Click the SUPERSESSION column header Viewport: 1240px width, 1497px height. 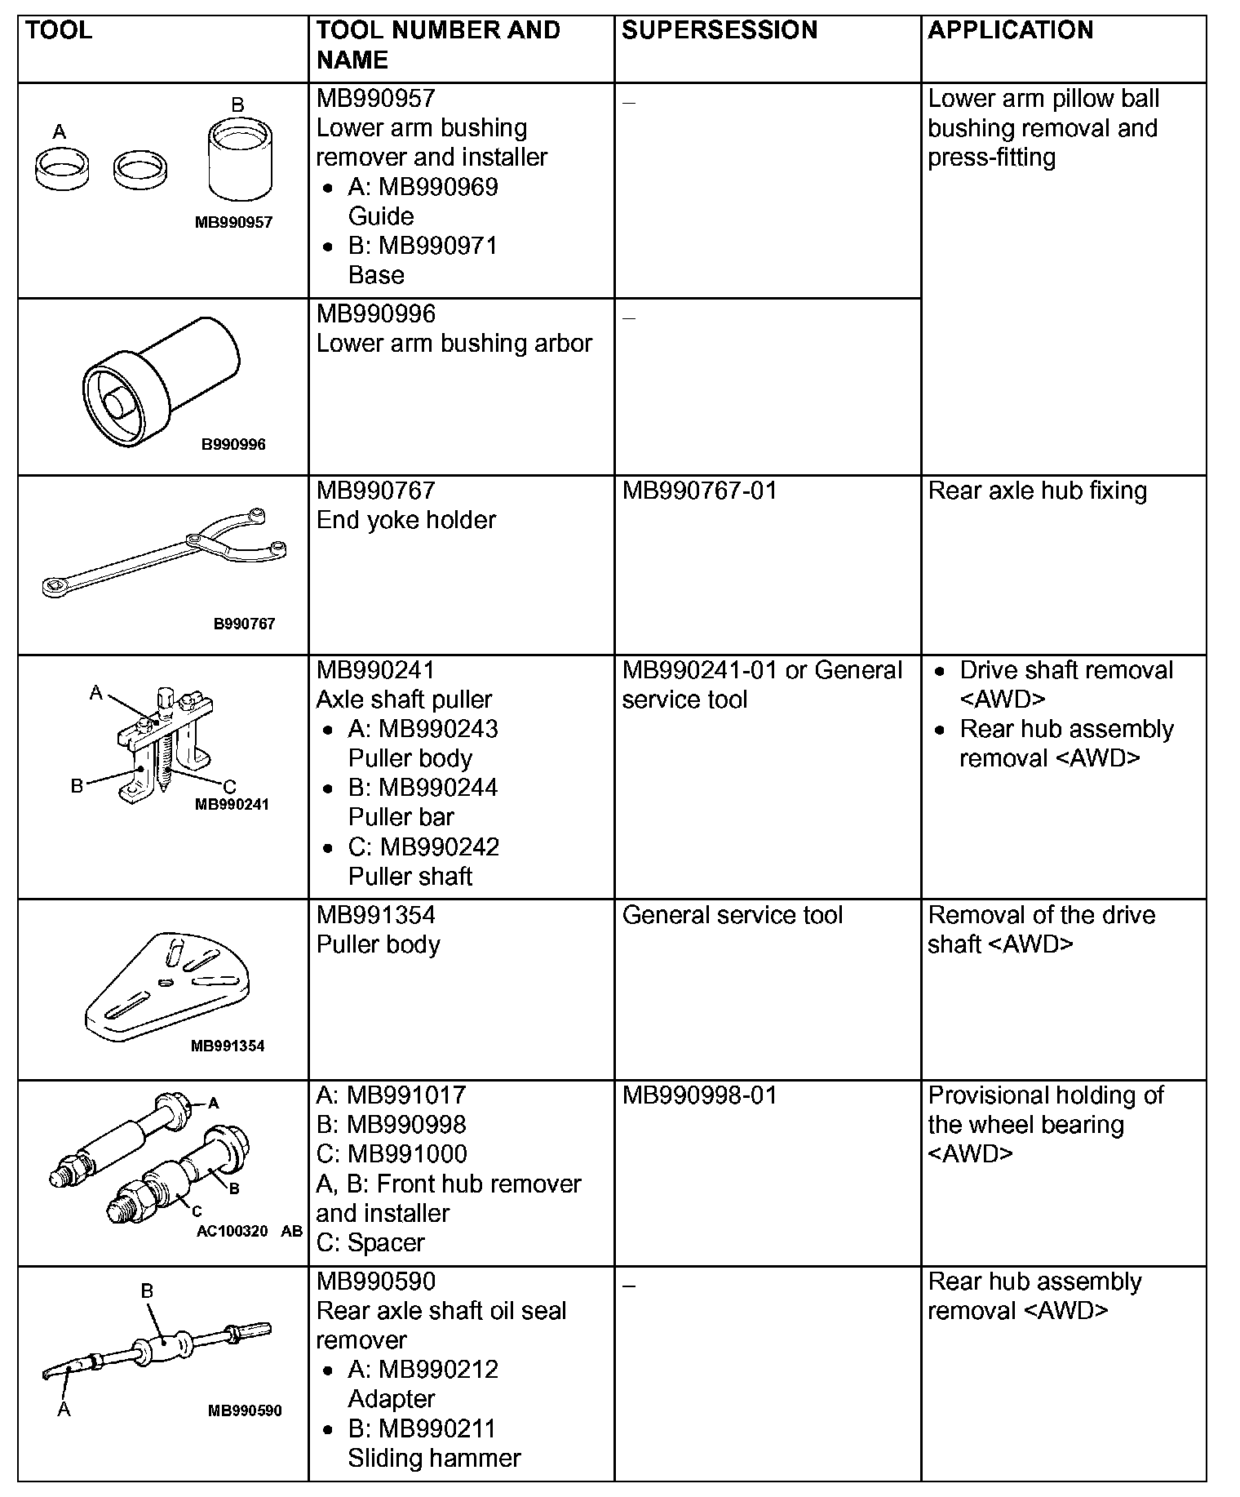point(719,31)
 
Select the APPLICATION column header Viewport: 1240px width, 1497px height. point(1010,31)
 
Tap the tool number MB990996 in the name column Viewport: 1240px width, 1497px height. point(376,314)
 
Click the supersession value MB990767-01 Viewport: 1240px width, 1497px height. point(699,491)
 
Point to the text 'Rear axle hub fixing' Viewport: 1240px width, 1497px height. point(1037,491)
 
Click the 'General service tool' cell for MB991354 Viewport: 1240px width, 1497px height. point(732,916)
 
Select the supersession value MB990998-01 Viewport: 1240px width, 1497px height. point(699,1095)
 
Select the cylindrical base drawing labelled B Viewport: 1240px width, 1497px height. point(239,159)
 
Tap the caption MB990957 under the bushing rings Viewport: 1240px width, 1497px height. point(233,222)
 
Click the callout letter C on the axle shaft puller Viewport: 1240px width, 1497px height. point(229,787)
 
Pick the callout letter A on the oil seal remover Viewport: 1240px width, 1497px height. point(64,1410)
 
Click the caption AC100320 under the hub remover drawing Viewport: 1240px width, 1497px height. point(232,1231)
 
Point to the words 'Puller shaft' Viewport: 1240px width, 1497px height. point(410,877)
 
